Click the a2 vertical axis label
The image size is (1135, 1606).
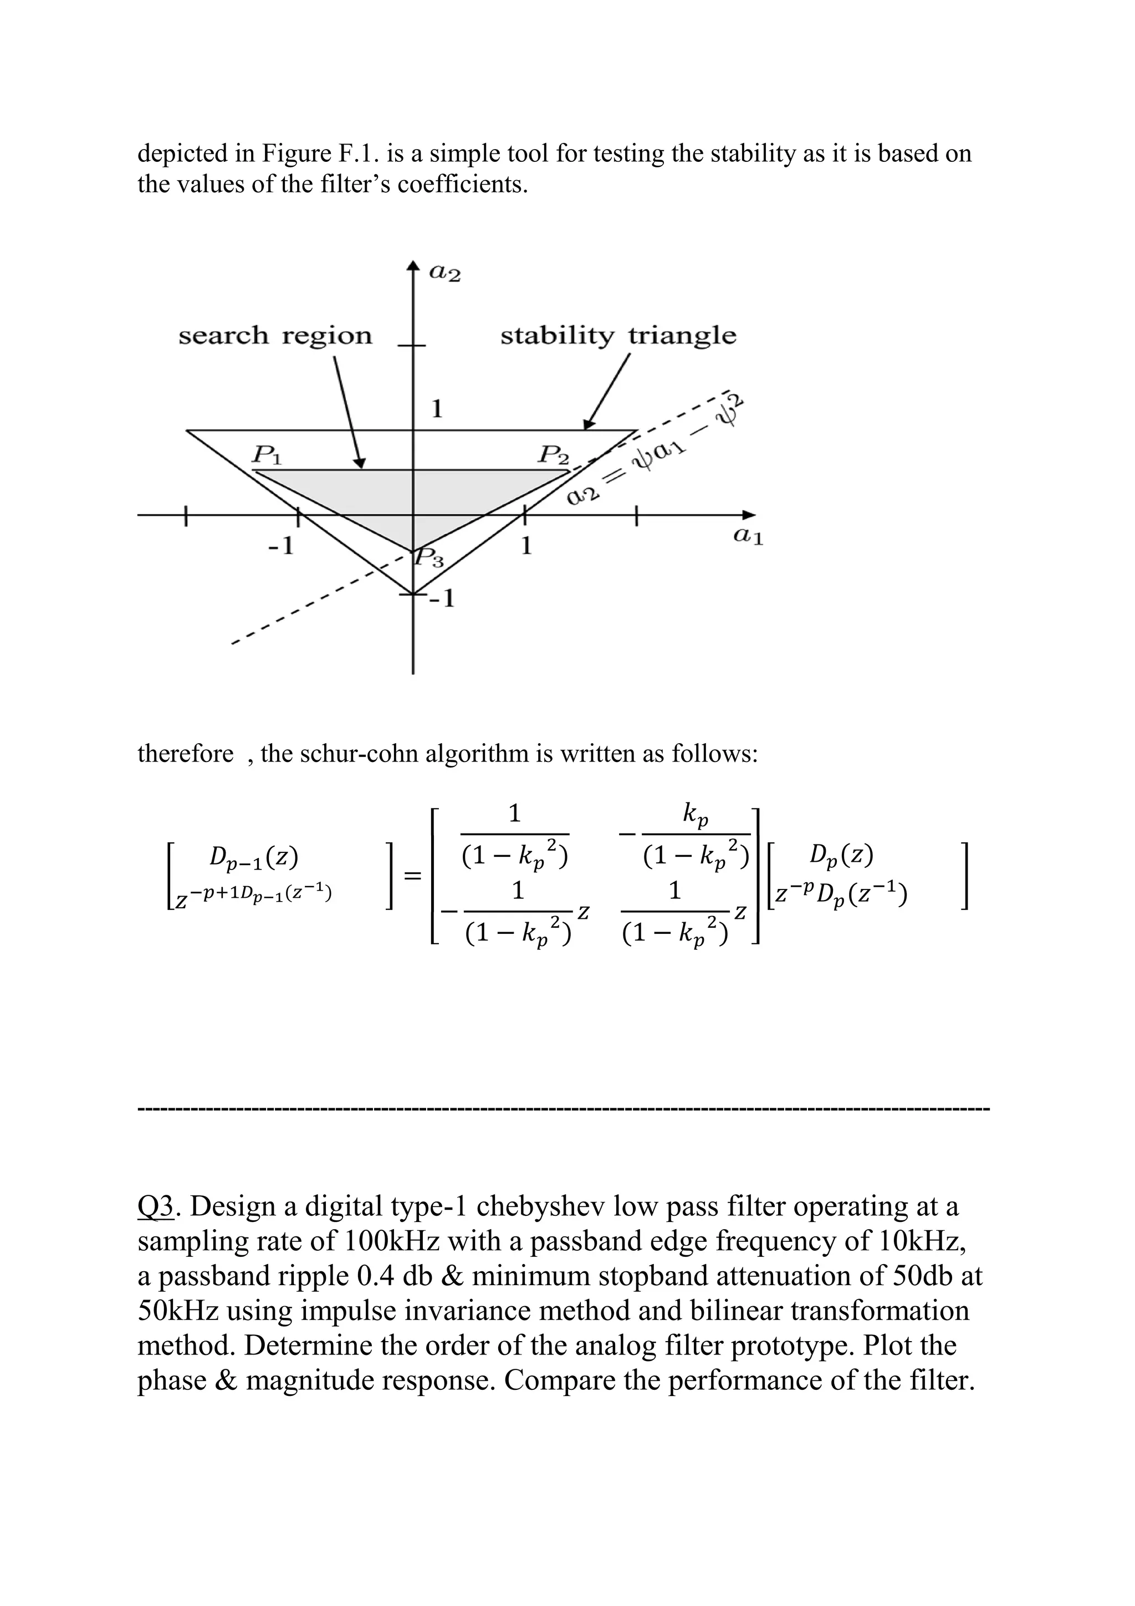pos(445,274)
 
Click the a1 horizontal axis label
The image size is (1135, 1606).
pos(748,536)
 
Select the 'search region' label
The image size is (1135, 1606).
pos(275,336)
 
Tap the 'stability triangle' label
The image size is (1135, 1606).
pos(618,336)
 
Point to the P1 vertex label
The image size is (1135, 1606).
pos(267,456)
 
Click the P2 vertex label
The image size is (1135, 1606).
pos(553,456)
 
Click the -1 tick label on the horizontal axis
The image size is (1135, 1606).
pos(283,546)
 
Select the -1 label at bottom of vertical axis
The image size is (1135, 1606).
pos(442,600)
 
